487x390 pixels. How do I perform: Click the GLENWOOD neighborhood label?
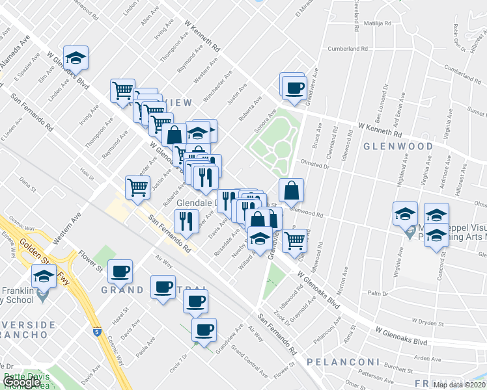(398, 146)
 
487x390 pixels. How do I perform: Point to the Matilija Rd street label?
(377, 23)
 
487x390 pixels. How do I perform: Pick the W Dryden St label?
(428, 320)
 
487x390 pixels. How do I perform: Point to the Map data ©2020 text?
(460, 385)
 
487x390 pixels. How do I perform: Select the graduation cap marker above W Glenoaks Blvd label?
(76, 58)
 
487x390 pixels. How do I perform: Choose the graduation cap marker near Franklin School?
(44, 276)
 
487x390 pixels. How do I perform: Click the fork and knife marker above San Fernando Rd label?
(186, 222)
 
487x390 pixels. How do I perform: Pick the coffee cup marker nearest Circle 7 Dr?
(204, 330)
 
